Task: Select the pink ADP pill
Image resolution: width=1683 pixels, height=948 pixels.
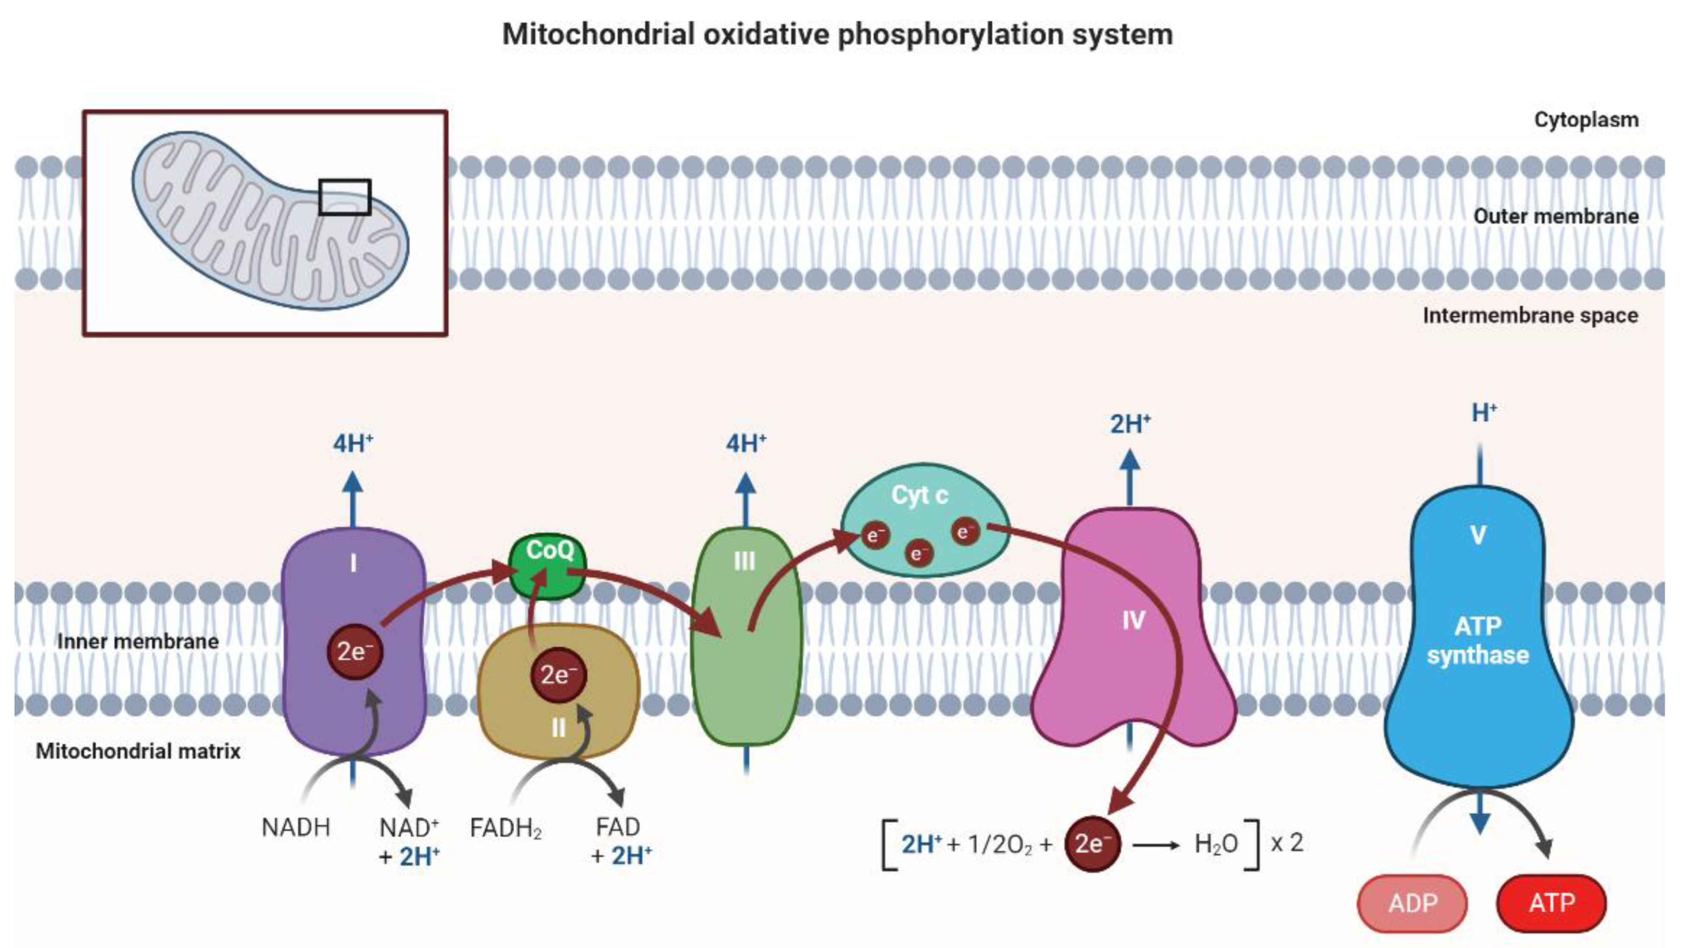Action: point(1412,903)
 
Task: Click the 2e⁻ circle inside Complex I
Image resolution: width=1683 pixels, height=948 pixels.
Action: point(354,652)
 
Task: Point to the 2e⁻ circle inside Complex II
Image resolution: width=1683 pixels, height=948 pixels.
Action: point(558,675)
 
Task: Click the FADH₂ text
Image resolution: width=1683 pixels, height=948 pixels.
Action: point(505,828)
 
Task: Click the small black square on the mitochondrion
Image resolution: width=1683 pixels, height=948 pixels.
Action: point(344,197)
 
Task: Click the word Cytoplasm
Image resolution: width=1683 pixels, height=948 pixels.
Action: point(1586,120)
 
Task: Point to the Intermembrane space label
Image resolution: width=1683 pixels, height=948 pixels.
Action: point(1530,316)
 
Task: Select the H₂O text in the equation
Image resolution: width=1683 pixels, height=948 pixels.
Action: point(1215,844)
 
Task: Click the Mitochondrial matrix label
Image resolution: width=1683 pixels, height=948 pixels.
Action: point(138,751)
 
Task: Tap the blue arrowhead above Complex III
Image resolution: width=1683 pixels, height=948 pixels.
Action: point(745,484)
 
